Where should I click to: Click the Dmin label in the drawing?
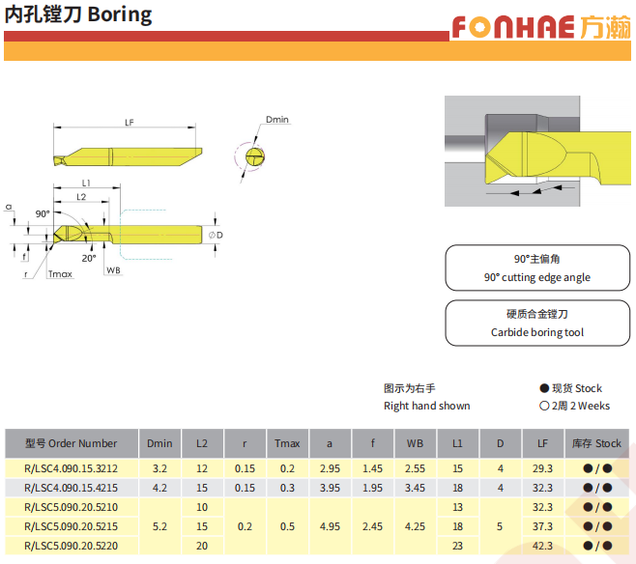(277, 120)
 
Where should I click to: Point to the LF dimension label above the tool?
(129, 123)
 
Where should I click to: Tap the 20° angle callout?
(89, 258)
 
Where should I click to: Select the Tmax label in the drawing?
(60, 274)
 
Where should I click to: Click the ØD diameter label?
(216, 235)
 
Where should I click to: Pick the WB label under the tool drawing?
(114, 270)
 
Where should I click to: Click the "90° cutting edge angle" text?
(537, 277)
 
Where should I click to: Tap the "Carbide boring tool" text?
(537, 332)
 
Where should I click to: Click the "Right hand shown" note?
(426, 406)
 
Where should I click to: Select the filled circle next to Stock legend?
(544, 388)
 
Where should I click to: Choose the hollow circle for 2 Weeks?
(544, 406)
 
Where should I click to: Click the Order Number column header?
(71, 443)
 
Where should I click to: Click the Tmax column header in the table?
(287, 443)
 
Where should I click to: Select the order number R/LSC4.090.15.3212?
(71, 468)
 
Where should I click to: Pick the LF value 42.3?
(542, 546)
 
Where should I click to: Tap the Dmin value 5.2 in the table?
(159, 526)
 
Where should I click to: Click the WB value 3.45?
(415, 488)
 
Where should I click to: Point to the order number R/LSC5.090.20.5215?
(71, 526)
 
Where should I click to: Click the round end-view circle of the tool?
(255, 156)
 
